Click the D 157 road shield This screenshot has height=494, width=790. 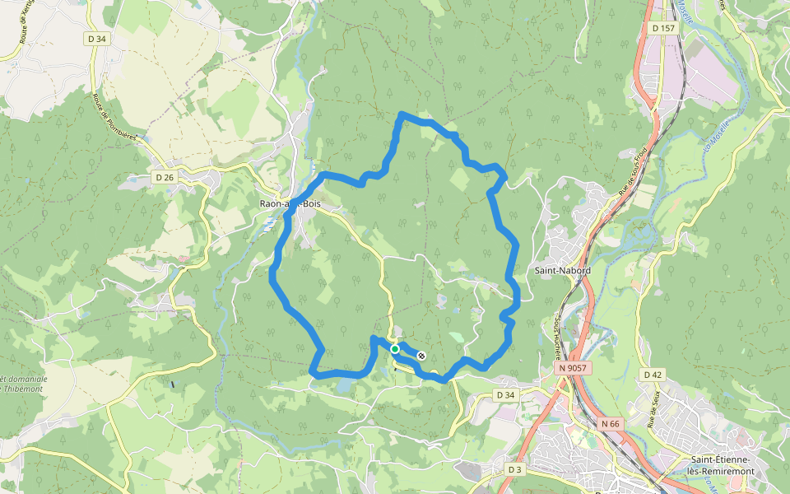[662, 28]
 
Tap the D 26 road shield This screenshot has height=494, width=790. [165, 177]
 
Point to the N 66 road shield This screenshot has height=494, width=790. [610, 423]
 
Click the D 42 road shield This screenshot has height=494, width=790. [653, 375]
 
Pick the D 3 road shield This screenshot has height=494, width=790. [515, 469]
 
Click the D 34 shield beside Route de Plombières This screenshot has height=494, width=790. [97, 38]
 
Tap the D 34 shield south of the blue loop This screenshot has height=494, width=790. [504, 395]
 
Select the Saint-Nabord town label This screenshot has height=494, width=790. [563, 269]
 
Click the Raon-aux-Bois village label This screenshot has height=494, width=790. [289, 203]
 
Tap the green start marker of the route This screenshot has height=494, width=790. [395, 349]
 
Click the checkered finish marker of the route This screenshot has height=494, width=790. [421, 356]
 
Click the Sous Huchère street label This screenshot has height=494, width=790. [557, 338]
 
